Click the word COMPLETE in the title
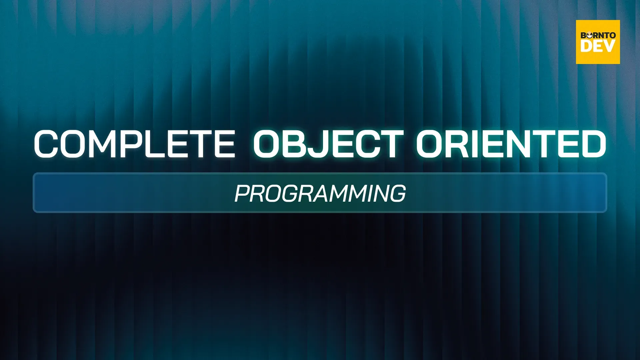135,144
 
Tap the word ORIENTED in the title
511,144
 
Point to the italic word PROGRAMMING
320,193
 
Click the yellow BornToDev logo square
598,42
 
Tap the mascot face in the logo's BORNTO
589,35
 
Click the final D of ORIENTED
594,144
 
